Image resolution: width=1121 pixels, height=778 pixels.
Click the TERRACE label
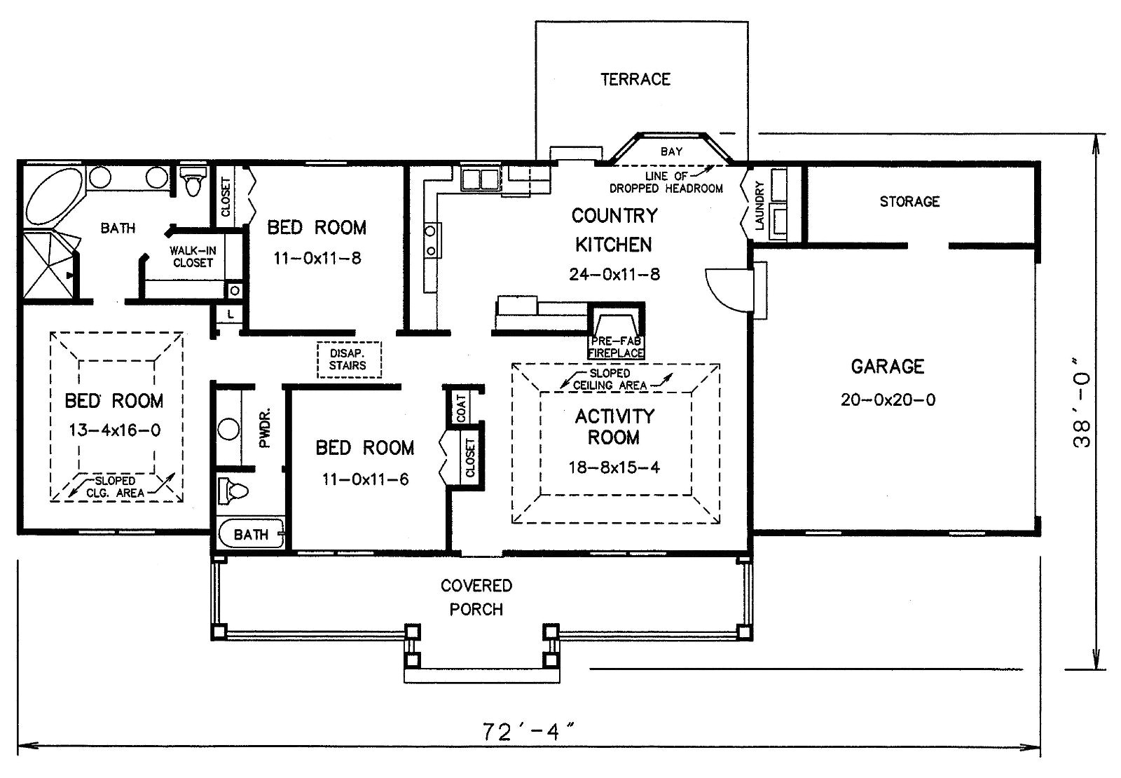click(635, 79)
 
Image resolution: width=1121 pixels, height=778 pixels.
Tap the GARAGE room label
click(887, 367)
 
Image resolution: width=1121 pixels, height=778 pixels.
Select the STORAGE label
click(909, 201)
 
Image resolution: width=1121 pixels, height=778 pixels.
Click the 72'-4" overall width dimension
click(528, 732)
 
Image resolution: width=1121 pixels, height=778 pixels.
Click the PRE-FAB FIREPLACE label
click(616, 347)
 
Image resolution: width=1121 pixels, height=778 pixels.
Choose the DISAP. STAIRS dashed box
click(350, 360)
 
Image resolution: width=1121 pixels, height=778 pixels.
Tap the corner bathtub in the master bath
click(53, 196)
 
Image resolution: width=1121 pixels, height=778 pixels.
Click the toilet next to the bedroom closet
click(193, 179)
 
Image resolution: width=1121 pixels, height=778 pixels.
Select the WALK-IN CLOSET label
click(193, 257)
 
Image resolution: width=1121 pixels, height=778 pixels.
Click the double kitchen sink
click(480, 179)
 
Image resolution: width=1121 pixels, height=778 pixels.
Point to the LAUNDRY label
click(759, 206)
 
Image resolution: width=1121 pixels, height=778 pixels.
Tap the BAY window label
click(671, 151)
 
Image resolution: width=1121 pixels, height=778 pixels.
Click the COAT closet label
click(461, 408)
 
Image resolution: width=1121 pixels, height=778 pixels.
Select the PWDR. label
click(265, 428)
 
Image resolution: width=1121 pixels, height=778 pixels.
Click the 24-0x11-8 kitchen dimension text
click(614, 274)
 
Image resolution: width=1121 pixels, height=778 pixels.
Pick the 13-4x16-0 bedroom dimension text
click(115, 430)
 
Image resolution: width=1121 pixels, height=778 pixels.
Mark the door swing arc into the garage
click(728, 290)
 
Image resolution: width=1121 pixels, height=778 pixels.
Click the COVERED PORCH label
click(476, 597)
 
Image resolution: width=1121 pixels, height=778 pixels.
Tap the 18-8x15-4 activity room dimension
click(614, 467)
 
